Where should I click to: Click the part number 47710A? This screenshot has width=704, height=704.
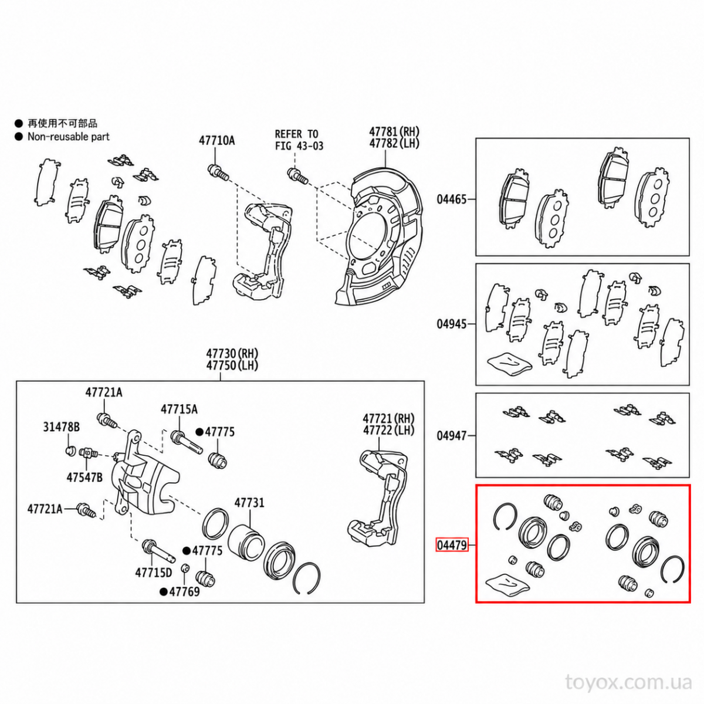[216, 140]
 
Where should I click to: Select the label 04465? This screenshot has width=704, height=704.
[452, 199]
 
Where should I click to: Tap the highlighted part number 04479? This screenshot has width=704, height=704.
[452, 545]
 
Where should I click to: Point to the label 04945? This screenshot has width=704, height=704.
[452, 324]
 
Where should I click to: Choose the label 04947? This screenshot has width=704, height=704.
[452, 436]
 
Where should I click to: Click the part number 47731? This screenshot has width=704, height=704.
[249, 503]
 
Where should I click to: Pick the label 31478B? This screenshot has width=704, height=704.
[62, 427]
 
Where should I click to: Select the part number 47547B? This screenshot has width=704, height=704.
[84, 477]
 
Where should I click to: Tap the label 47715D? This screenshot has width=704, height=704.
[154, 573]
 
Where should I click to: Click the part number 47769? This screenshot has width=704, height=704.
[184, 591]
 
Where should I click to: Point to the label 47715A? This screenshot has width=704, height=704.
[179, 409]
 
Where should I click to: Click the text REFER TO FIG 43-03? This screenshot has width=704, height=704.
[299, 140]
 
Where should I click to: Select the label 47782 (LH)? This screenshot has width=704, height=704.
[394, 143]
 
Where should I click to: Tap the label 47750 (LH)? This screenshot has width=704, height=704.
[232, 365]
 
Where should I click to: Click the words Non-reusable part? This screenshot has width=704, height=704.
[69, 137]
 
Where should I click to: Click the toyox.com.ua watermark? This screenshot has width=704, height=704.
[629, 682]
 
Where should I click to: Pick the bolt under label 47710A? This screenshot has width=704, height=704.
[218, 173]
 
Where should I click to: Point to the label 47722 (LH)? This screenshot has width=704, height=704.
[388, 431]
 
